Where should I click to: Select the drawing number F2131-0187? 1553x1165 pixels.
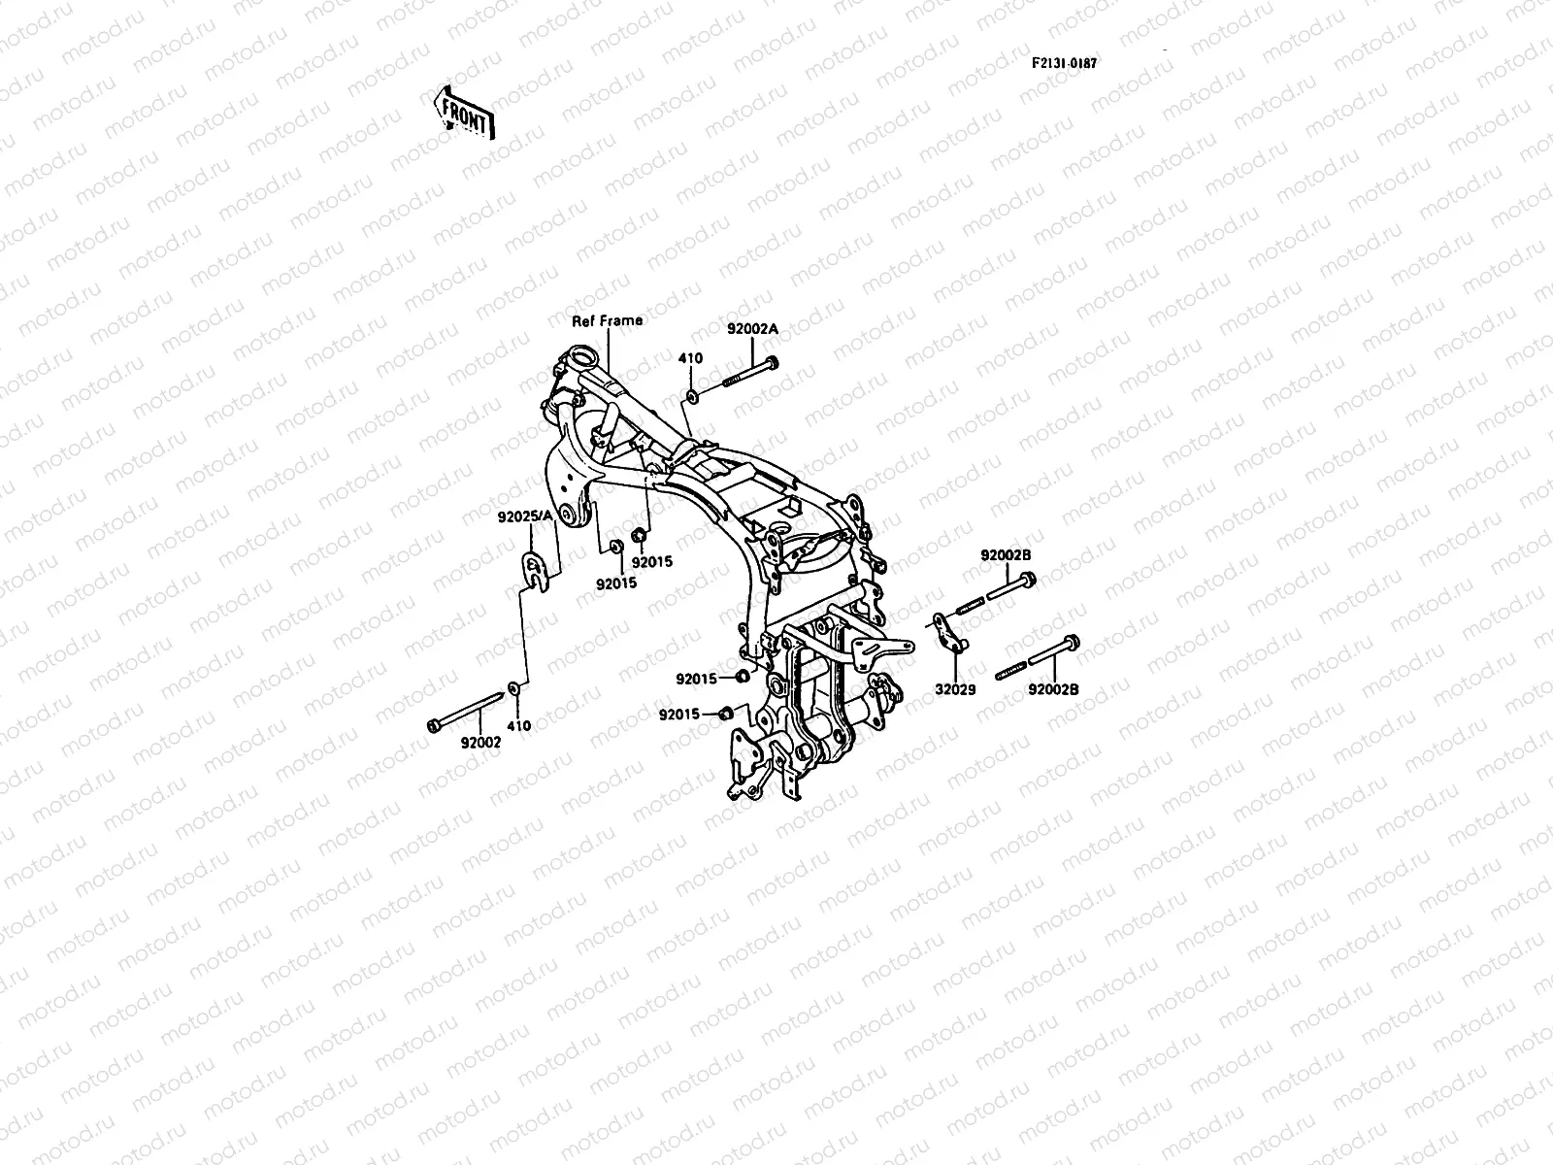pos(1064,62)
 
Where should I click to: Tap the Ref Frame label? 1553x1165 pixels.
pos(607,320)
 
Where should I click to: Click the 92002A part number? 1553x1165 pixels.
pos(752,329)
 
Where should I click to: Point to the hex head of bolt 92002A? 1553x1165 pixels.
pos(773,365)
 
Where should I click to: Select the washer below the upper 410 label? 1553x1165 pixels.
pos(691,396)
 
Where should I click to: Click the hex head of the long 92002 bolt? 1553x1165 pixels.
pos(434,724)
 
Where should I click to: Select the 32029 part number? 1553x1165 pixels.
pos(955,690)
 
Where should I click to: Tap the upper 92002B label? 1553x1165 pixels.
pos(1006,555)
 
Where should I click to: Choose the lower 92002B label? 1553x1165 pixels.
pos(1054,690)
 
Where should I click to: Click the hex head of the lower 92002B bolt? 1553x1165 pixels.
pos(1072,643)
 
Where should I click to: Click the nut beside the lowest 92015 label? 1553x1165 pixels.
pos(726,715)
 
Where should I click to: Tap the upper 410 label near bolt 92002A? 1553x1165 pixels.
pos(690,358)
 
